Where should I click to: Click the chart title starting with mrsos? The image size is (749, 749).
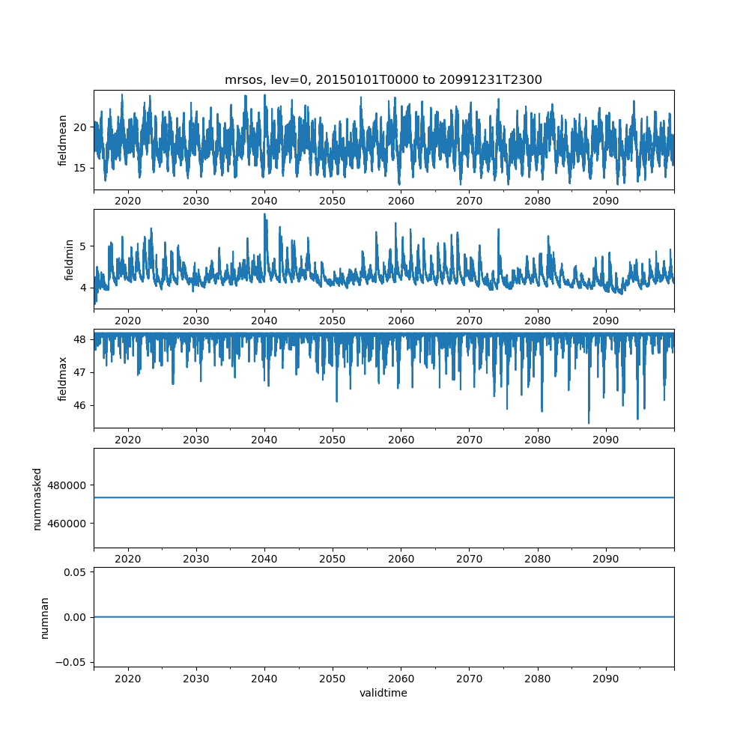pyautogui.click(x=383, y=79)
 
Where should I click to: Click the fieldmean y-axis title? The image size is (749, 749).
pyautogui.click(x=63, y=140)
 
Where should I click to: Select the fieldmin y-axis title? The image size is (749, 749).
pyautogui.click(x=69, y=259)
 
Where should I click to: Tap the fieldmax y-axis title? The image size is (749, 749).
pyautogui.click(x=63, y=378)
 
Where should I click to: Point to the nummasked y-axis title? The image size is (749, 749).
pyautogui.click(x=37, y=498)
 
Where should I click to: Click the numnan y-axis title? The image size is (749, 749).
pyautogui.click(x=44, y=617)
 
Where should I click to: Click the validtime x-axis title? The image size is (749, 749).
pyautogui.click(x=383, y=693)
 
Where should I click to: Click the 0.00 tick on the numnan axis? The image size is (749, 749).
pyautogui.click(x=75, y=617)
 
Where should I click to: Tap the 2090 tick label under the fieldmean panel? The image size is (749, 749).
pyautogui.click(x=605, y=201)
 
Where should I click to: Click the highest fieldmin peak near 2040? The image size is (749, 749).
pyautogui.click(x=264, y=214)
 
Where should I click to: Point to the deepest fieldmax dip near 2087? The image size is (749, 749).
pyautogui.click(x=589, y=423)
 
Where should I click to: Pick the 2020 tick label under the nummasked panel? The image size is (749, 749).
pyautogui.click(x=128, y=559)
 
